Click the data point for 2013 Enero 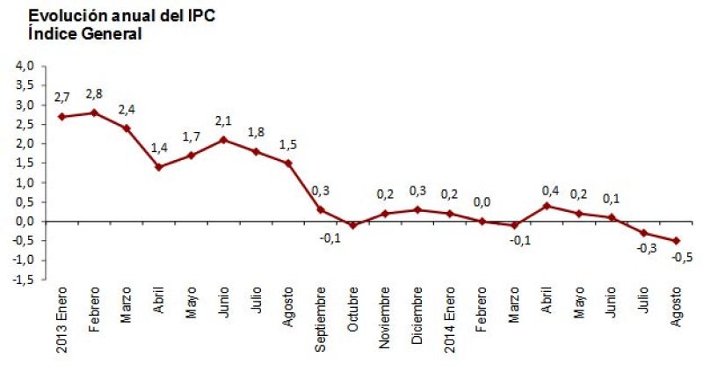coord(61,116)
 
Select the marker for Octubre coord(352,225)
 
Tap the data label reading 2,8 coord(94,94)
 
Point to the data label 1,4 coord(158,149)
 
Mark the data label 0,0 coord(482,202)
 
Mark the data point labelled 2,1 coord(223,140)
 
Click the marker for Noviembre coord(385,214)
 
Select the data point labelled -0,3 coord(644,233)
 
